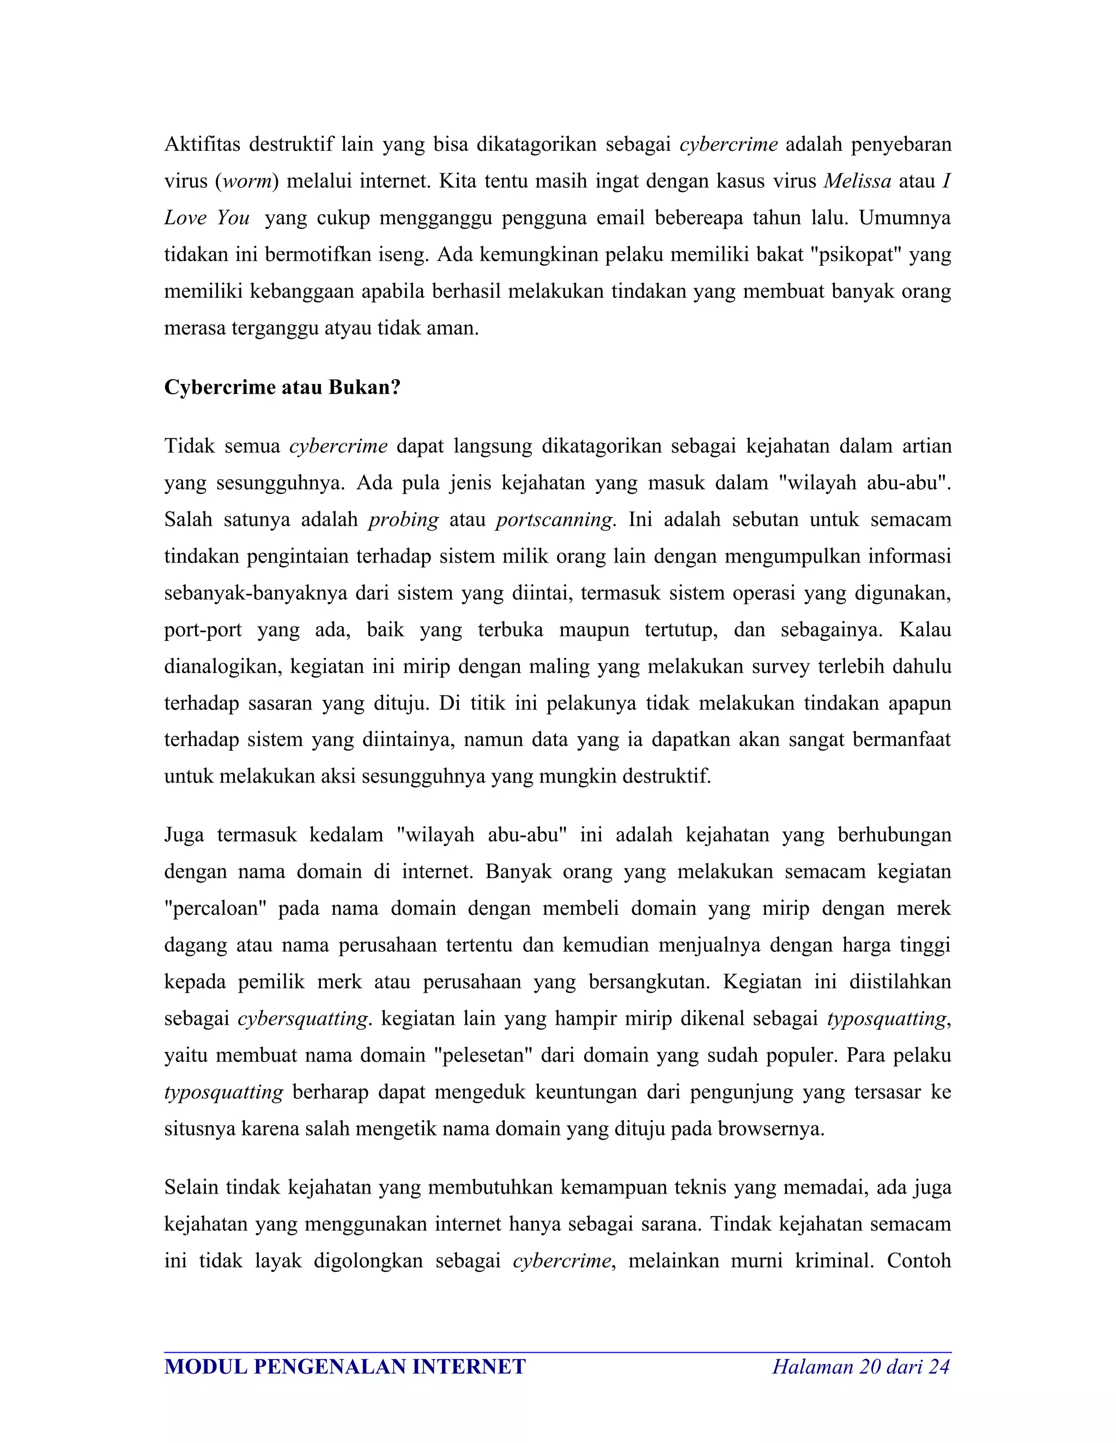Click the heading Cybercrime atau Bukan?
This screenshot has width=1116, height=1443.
[282, 387]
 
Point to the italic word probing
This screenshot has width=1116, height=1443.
[403, 519]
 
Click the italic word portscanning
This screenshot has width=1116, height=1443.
[555, 519]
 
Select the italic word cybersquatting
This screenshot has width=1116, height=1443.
[302, 1018]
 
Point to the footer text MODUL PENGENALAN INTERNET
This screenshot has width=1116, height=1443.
[344, 1366]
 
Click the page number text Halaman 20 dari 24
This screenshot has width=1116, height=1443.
[861, 1366]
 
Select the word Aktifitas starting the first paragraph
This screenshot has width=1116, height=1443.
[202, 144]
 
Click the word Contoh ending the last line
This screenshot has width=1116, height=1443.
[918, 1261]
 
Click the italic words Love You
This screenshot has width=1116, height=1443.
[207, 218]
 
